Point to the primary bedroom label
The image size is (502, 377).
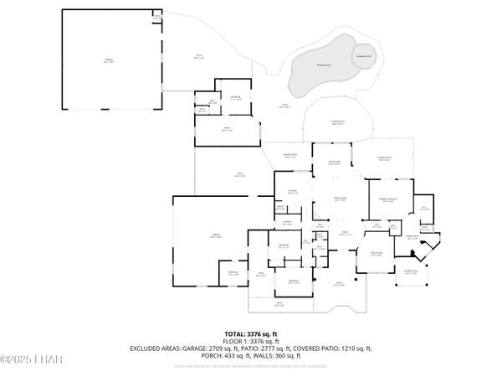click(387, 199)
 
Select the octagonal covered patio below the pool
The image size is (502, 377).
click(337, 123)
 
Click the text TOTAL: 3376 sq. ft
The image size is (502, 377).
click(250, 333)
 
